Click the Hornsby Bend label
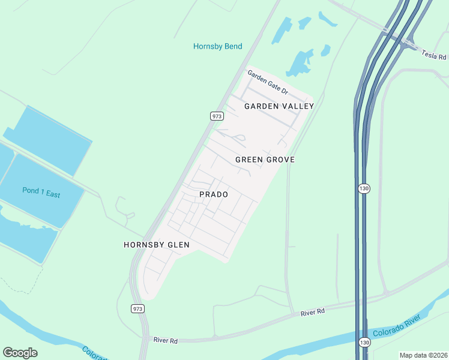(x=217, y=46)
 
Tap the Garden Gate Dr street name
(x=268, y=83)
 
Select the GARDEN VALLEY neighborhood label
(x=279, y=106)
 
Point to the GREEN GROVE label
(x=265, y=160)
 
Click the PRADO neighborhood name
(x=214, y=195)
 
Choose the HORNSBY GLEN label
(x=157, y=245)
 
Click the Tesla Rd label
(x=435, y=55)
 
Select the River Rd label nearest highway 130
(x=312, y=311)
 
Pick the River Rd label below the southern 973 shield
(x=166, y=341)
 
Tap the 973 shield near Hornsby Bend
(x=217, y=115)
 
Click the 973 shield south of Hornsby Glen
(x=137, y=308)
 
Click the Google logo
(x=20, y=352)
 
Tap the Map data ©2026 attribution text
(x=423, y=355)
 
